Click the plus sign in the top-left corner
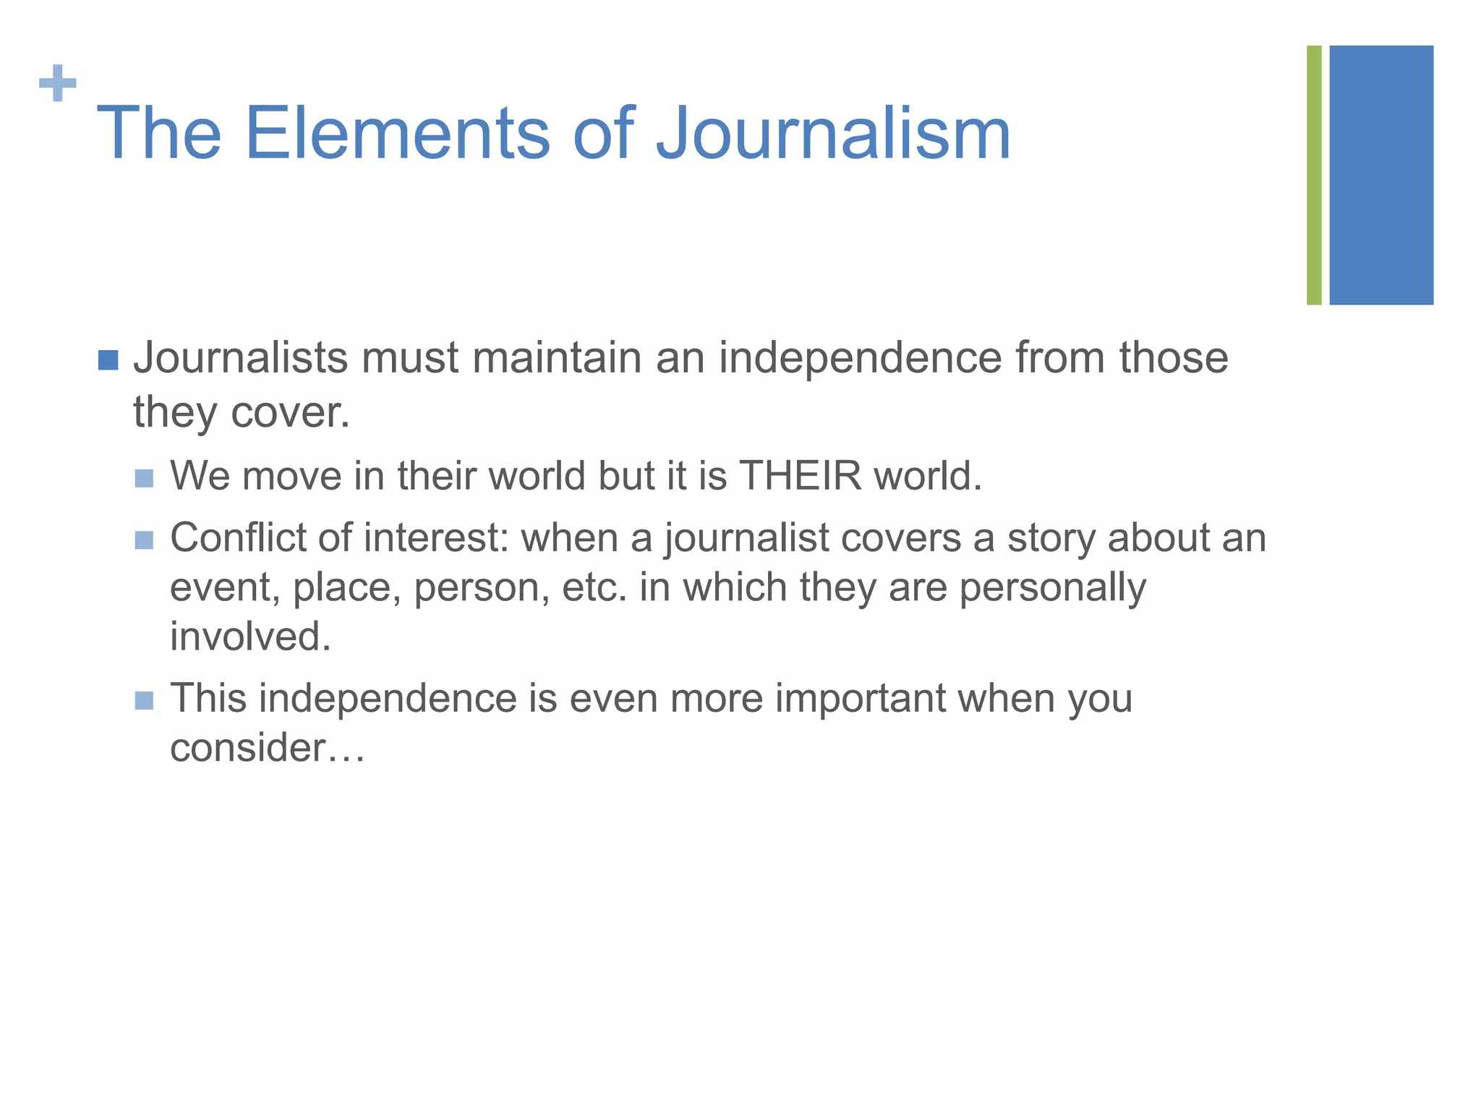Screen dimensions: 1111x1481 58,84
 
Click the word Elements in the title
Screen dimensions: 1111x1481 397,134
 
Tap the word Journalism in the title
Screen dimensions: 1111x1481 832,134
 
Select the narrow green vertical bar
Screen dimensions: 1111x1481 1314,175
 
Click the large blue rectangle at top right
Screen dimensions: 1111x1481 1381,175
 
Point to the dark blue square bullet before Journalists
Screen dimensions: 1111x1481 108,359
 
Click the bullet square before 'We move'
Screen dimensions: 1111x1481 145,478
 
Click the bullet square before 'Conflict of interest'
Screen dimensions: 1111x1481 145,540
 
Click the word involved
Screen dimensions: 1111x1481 250,637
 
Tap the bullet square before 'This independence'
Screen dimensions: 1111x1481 145,700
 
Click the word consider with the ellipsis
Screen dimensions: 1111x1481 267,748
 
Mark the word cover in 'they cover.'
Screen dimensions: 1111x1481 291,413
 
